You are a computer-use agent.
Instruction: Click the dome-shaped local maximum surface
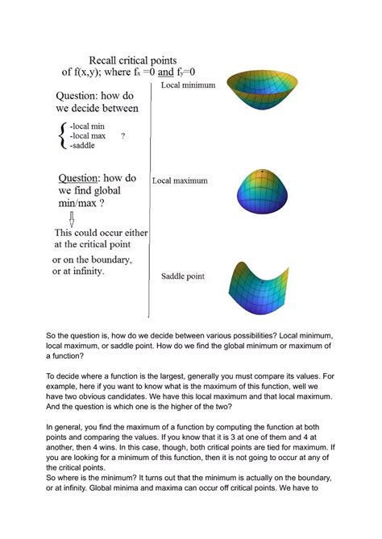click(x=260, y=194)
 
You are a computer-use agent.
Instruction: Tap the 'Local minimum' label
click(x=188, y=85)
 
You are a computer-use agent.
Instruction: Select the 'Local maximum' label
click(x=180, y=181)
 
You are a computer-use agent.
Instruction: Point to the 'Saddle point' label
click(x=183, y=276)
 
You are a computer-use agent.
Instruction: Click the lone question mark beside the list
click(x=122, y=136)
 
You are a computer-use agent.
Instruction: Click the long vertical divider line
click(x=151, y=201)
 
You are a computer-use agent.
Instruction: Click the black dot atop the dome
click(x=260, y=173)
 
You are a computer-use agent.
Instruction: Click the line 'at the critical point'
click(x=98, y=243)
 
